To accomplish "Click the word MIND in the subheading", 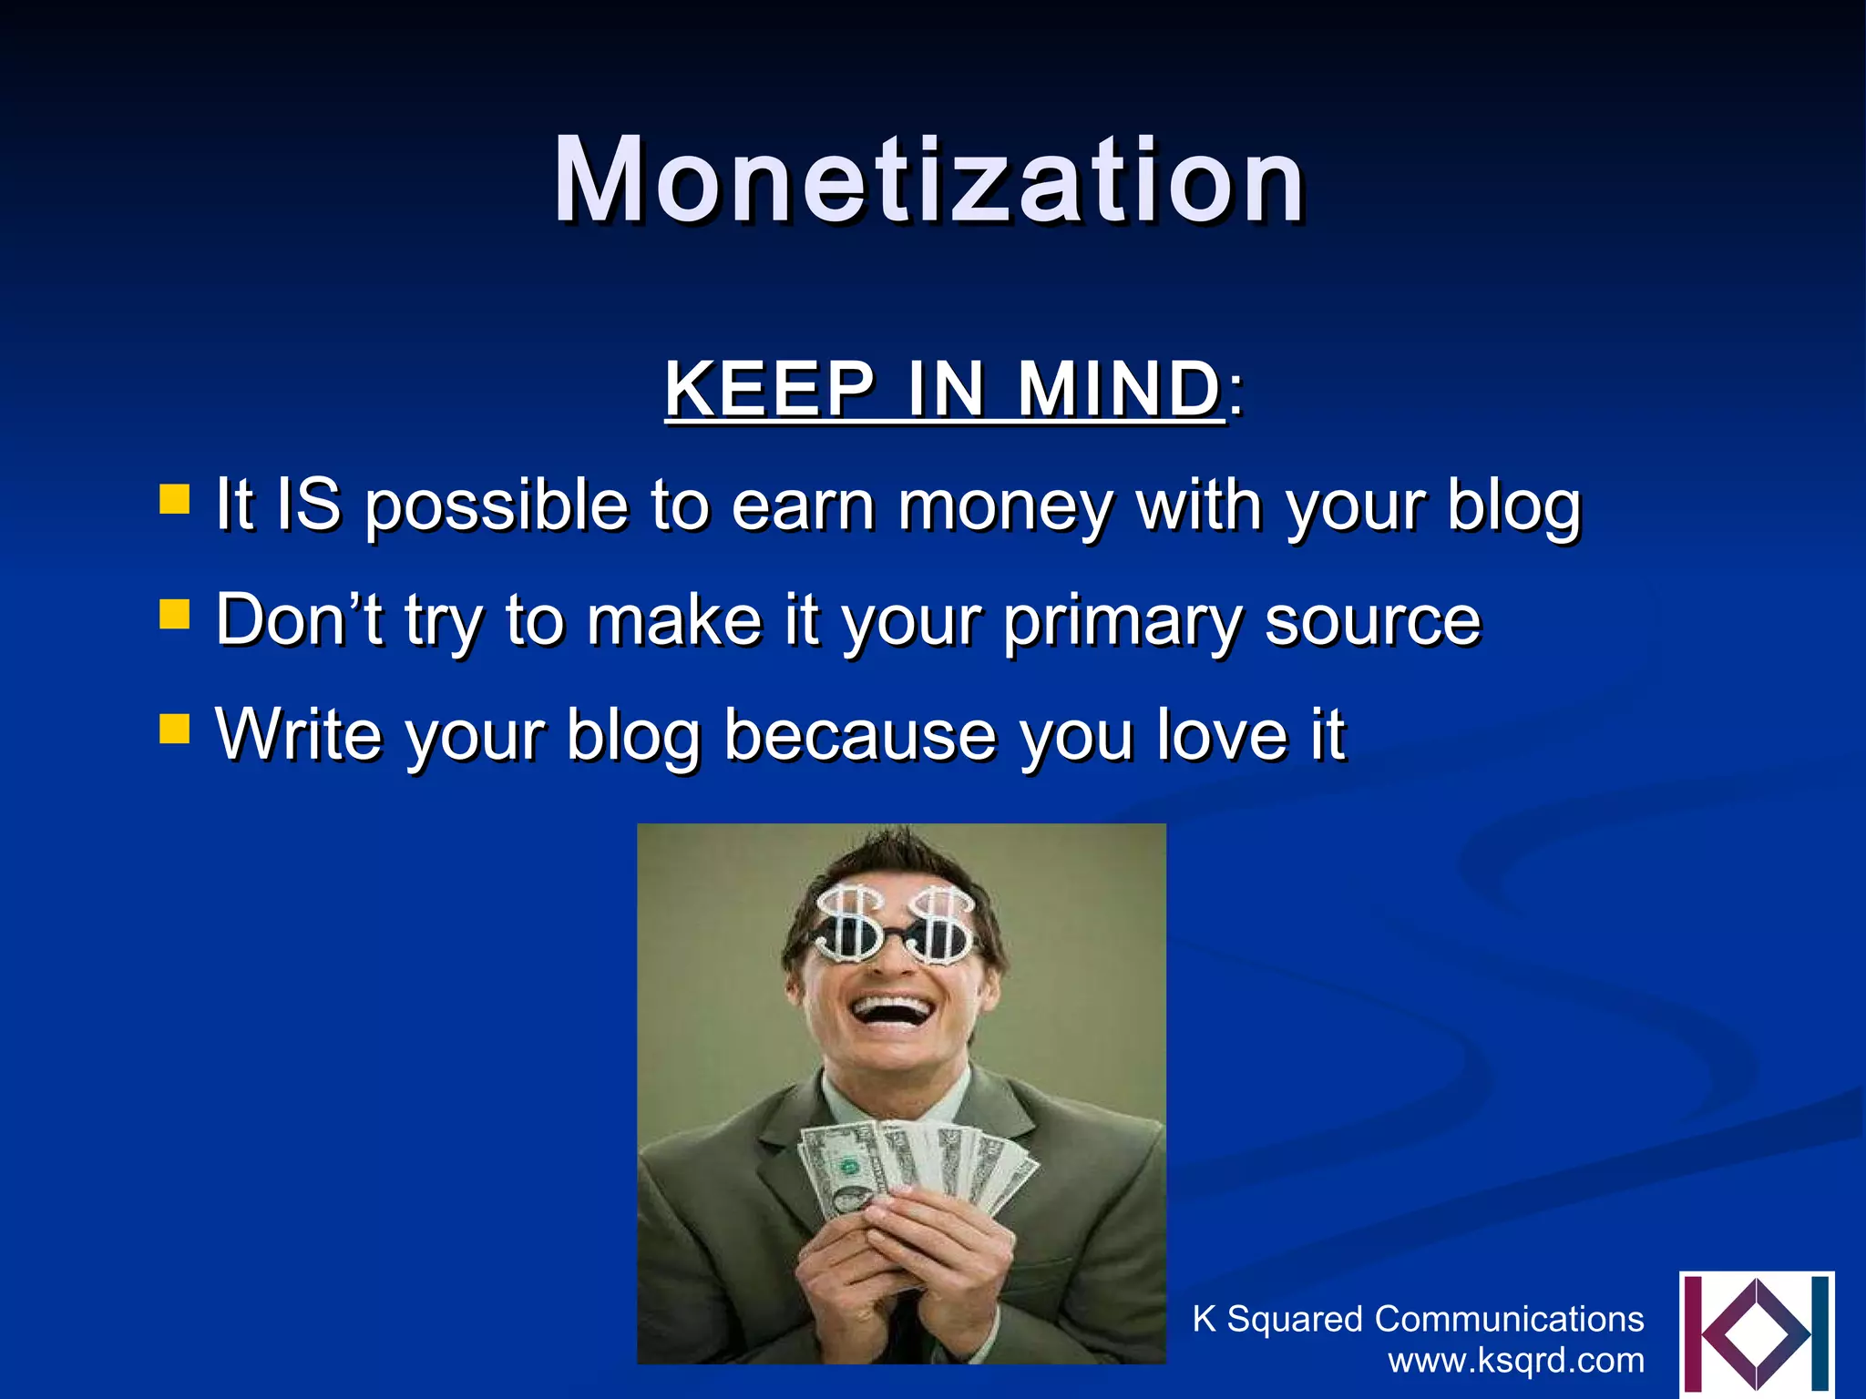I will [1119, 390].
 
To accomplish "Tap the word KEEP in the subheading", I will [770, 390].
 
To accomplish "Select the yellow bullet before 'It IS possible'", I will [174, 499].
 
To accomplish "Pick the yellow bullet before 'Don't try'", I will [174, 614].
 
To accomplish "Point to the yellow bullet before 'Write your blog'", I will [174, 728].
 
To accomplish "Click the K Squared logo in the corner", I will [1756, 1333].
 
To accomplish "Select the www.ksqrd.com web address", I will [1516, 1361].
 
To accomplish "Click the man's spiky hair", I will [897, 856].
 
